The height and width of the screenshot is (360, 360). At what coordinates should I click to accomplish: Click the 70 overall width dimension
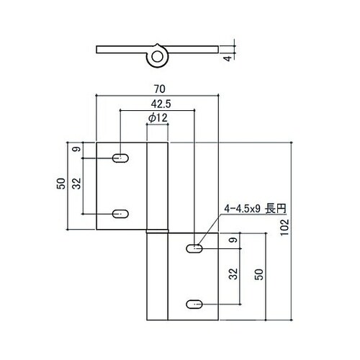(x=157, y=89)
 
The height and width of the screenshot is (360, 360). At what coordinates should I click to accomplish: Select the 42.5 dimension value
(x=158, y=104)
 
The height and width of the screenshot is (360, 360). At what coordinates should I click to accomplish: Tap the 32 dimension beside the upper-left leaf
(x=78, y=184)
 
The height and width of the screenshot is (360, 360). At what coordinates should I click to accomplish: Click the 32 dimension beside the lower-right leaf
(x=233, y=274)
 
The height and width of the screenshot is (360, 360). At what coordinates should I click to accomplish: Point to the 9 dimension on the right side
(x=233, y=240)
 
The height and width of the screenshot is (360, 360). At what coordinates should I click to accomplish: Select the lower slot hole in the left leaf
(x=121, y=212)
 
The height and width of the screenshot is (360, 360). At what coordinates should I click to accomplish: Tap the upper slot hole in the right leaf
(x=194, y=248)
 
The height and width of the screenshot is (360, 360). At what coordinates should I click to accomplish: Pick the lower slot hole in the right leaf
(x=194, y=304)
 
